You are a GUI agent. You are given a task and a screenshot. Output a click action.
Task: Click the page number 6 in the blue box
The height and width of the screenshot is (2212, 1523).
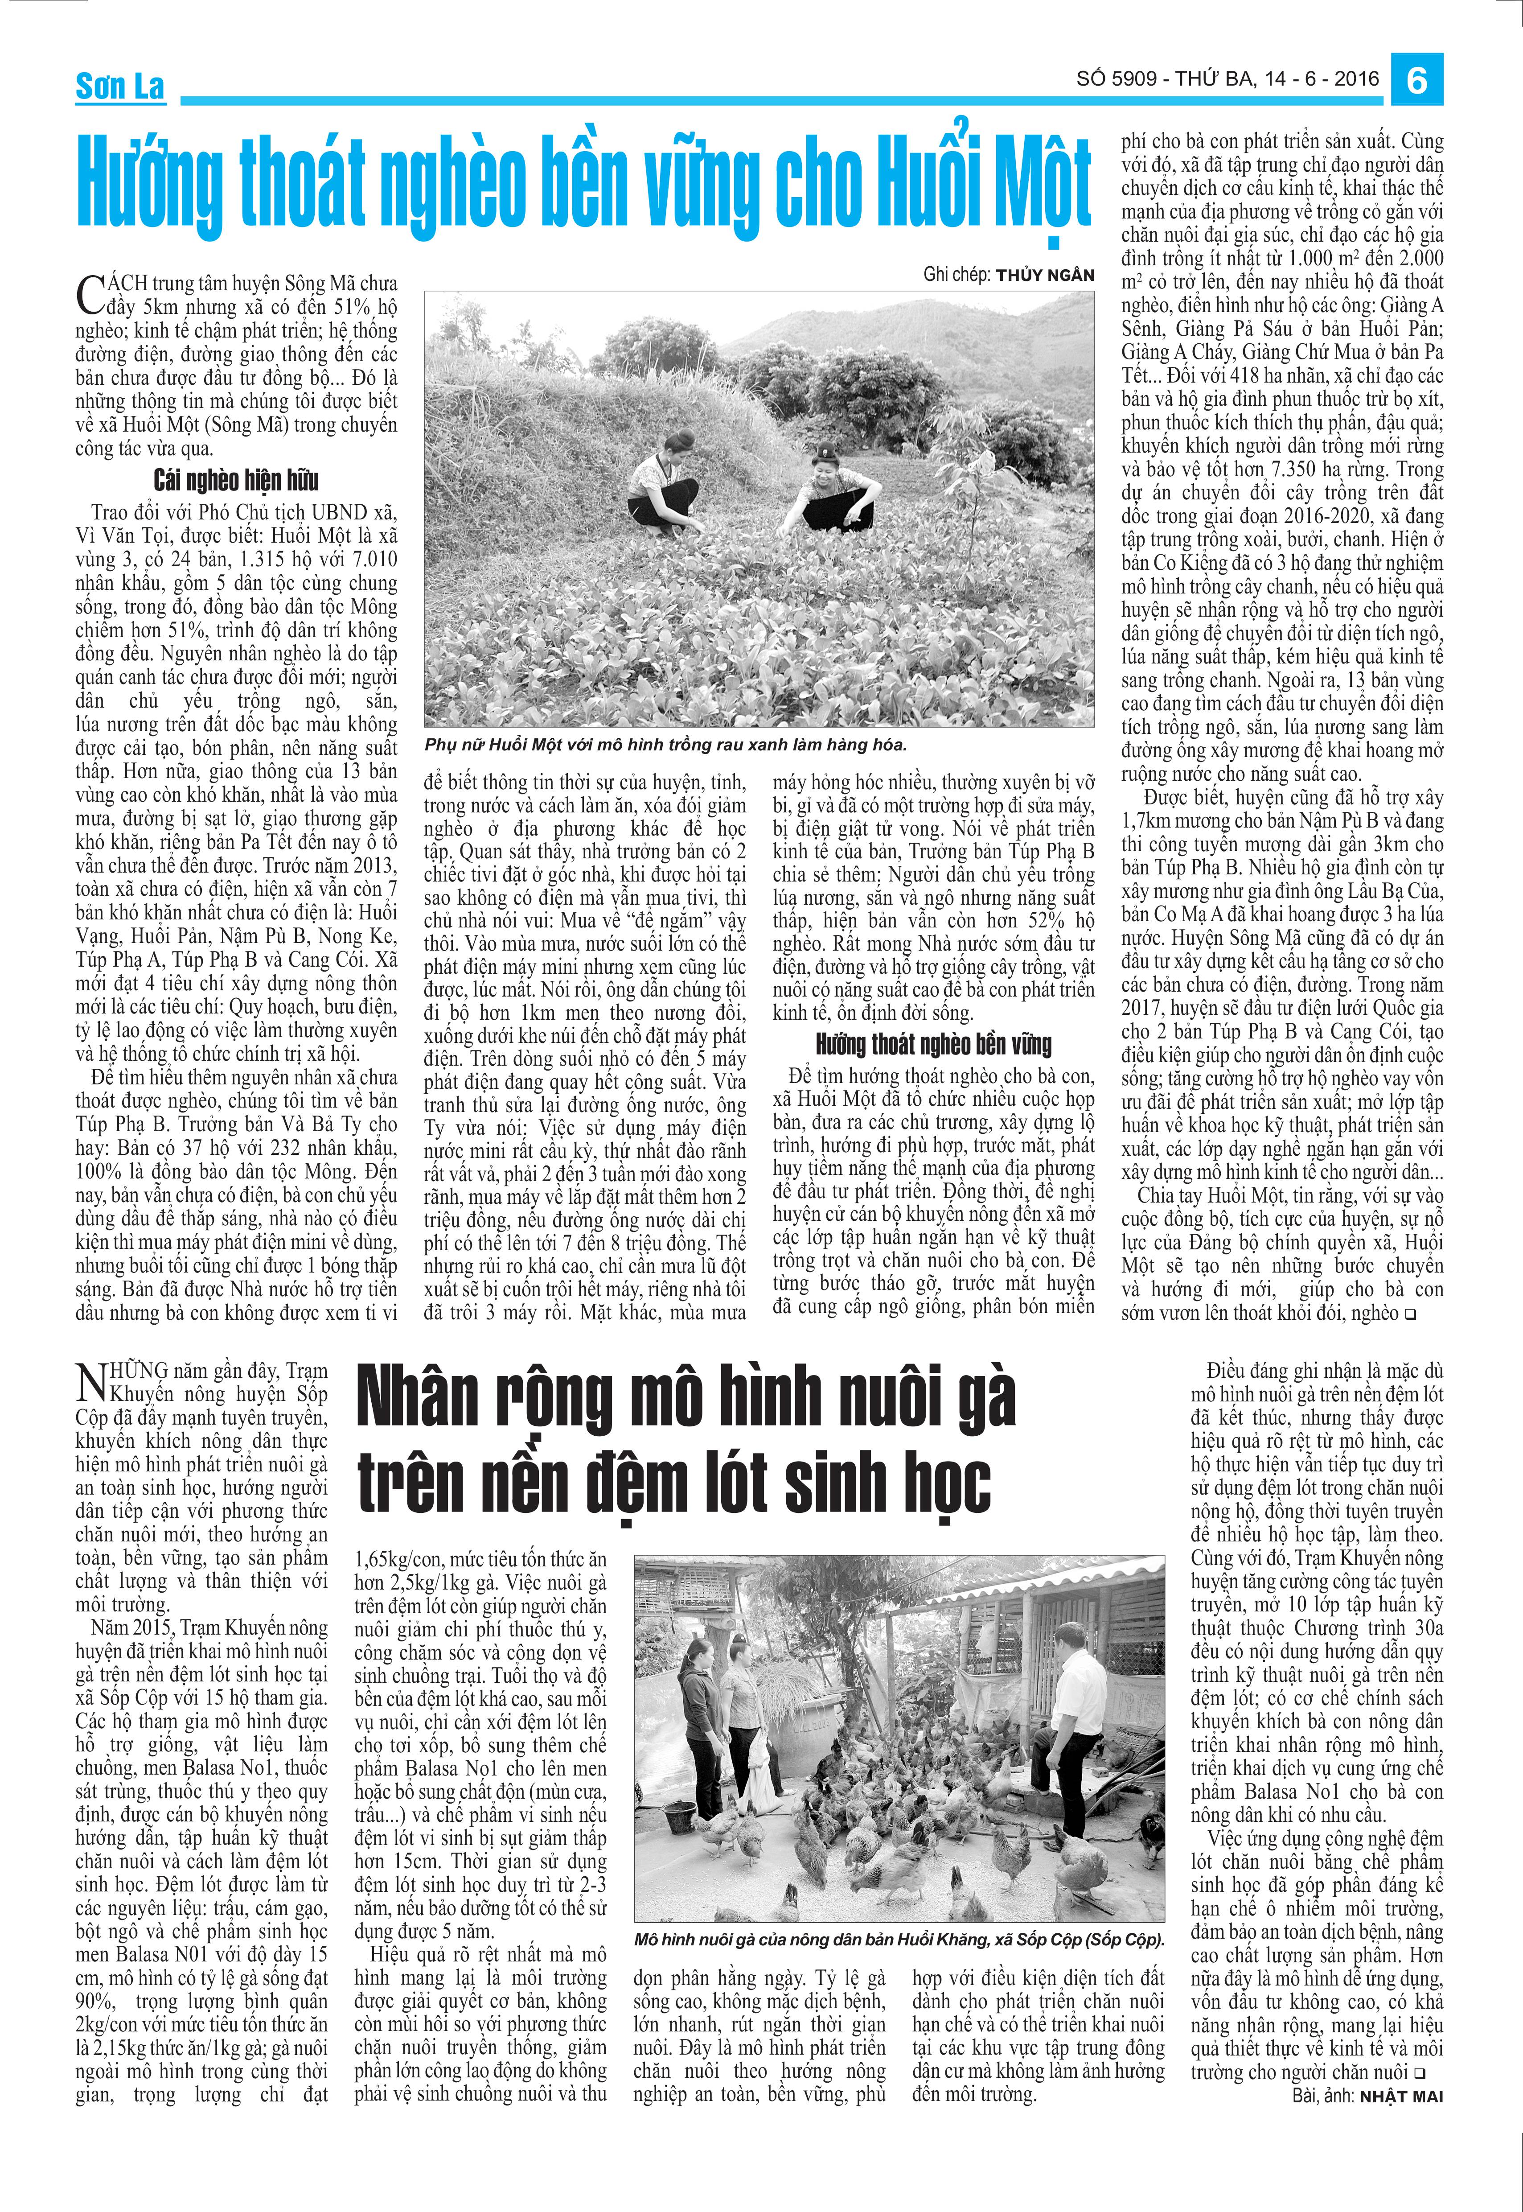coord(1417,80)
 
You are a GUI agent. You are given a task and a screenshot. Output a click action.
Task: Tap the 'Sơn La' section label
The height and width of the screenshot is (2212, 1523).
coord(120,87)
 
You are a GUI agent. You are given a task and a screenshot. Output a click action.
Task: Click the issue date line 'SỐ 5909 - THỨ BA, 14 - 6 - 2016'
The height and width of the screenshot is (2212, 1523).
coord(1227,79)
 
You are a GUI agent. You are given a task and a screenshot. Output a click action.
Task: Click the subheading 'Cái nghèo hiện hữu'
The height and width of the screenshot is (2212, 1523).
coord(236,480)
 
